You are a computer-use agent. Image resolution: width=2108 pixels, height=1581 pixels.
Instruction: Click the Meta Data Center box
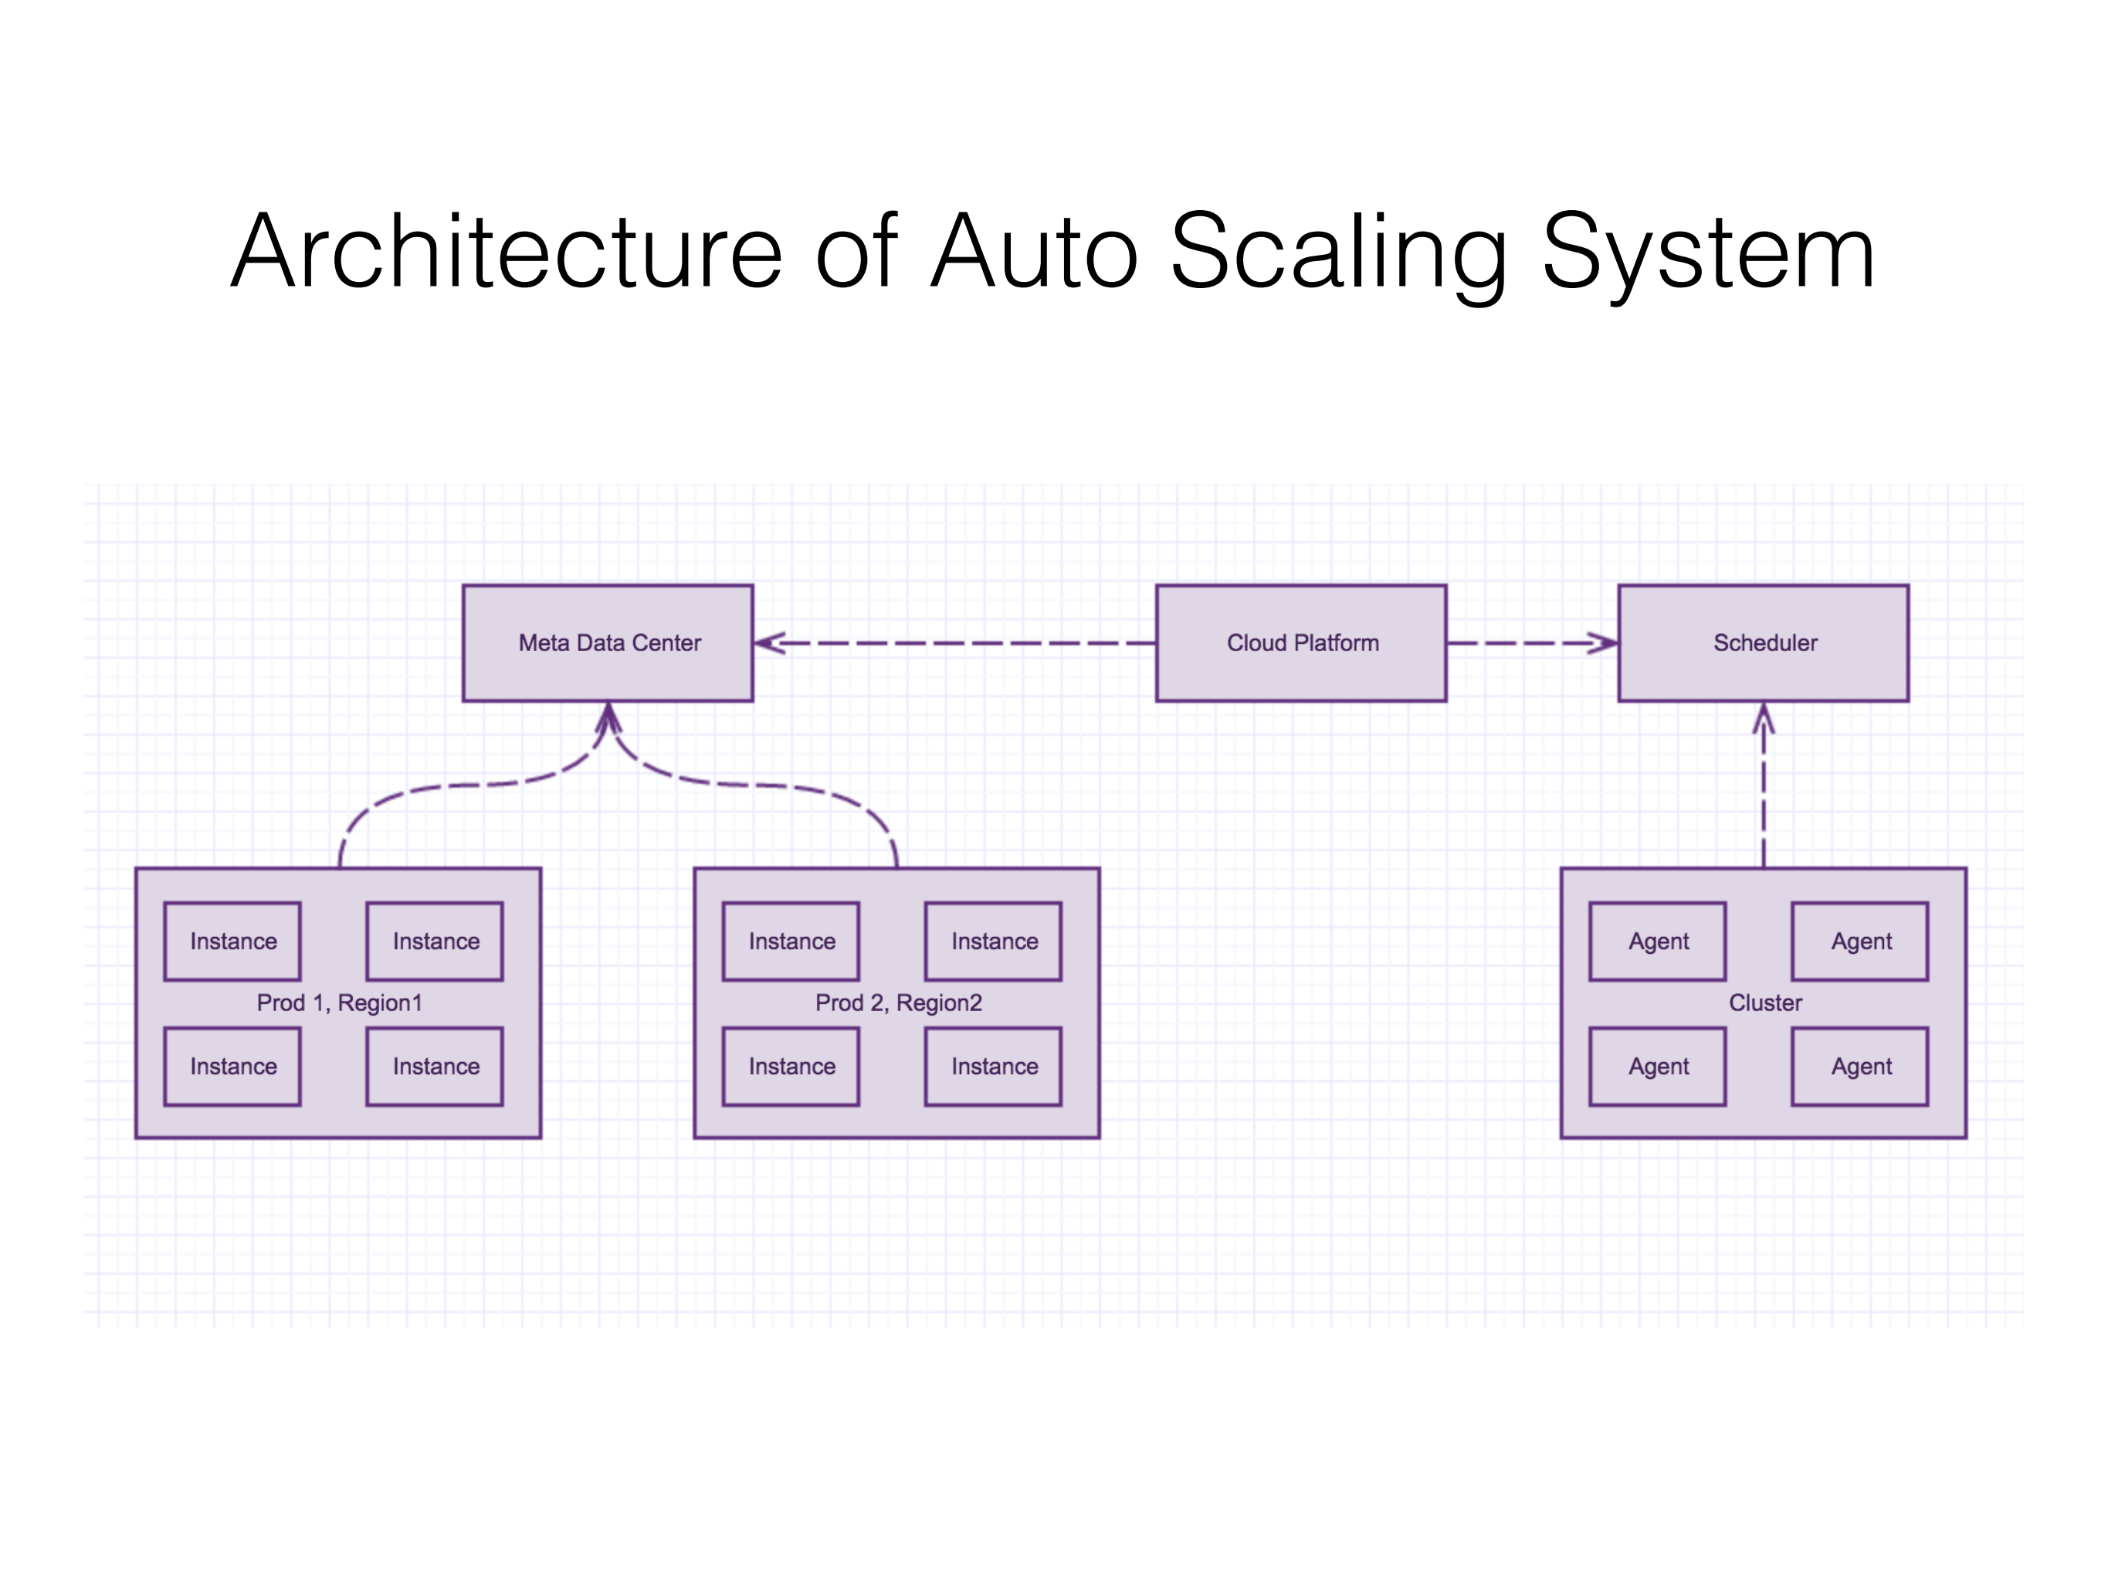click(607, 643)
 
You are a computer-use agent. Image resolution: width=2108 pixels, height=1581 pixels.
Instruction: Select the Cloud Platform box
click(1301, 643)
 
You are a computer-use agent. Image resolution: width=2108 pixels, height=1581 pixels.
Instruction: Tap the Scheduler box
click(1763, 643)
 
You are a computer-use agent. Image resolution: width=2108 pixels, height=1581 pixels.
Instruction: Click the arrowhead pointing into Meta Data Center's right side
click(768, 643)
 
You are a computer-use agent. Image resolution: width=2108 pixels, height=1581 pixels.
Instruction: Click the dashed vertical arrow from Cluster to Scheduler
click(1763, 791)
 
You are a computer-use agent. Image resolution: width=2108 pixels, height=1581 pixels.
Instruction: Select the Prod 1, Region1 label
click(339, 1003)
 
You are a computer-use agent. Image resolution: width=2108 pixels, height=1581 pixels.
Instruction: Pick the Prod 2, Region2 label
click(898, 1003)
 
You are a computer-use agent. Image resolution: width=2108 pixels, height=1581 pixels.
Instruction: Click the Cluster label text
click(1765, 1003)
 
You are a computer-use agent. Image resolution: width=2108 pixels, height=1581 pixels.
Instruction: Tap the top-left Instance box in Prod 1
click(232, 941)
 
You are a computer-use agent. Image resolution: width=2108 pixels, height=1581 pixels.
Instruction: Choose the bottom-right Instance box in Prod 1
click(435, 1067)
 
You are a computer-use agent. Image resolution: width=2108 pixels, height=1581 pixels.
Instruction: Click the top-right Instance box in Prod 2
click(994, 941)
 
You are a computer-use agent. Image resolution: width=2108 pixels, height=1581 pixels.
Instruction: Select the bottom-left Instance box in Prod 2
click(791, 1067)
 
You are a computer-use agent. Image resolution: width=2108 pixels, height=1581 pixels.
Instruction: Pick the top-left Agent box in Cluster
click(1658, 941)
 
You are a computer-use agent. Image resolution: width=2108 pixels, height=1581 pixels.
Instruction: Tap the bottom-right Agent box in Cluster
click(1860, 1067)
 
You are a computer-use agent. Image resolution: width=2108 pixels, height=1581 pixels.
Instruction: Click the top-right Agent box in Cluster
click(1860, 941)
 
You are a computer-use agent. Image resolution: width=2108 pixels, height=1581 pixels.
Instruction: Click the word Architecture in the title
click(505, 253)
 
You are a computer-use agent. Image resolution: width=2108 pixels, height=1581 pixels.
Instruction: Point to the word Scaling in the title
click(1339, 253)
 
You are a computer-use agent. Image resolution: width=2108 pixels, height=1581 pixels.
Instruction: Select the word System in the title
click(1708, 253)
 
